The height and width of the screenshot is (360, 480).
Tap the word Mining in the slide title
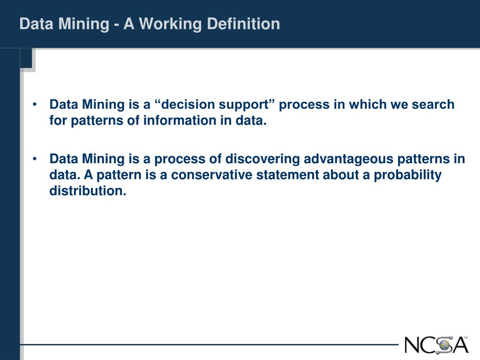(x=86, y=23)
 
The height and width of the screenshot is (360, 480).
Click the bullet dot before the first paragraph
(x=36, y=104)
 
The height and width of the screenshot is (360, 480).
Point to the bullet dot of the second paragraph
(x=36, y=159)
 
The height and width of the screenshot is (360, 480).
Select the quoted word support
(x=247, y=105)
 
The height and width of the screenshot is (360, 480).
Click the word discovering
(x=262, y=159)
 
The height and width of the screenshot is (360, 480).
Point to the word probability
(x=412, y=175)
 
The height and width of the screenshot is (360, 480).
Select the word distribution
(x=88, y=191)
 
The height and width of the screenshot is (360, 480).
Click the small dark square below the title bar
(x=26, y=59)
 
